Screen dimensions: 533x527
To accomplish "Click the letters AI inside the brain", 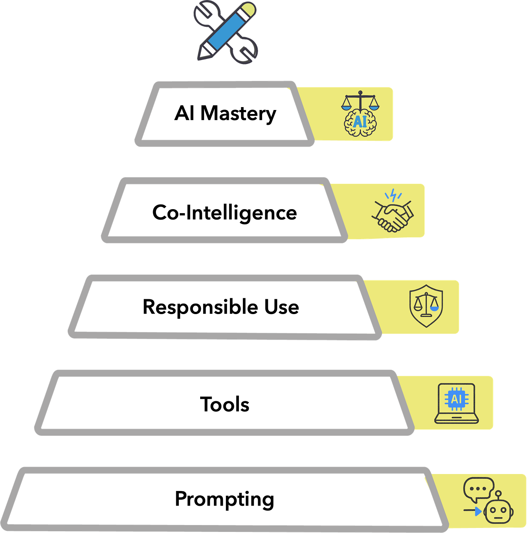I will [x=360, y=122].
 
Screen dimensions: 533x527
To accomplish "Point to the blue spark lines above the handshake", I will [x=392, y=196].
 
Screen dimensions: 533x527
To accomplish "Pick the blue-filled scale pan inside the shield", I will [x=434, y=308].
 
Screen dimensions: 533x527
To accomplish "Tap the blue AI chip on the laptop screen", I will [x=456, y=399].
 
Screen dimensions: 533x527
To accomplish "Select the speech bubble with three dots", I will [x=478, y=488].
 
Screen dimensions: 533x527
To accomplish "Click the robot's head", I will [x=499, y=511].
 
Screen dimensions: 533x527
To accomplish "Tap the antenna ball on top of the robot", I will [x=499, y=493].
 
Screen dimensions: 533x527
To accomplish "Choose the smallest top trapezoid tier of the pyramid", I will [x=224, y=114].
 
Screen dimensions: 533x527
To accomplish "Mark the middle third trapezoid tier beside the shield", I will [x=224, y=307].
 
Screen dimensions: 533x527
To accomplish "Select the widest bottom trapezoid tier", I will [x=224, y=499].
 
